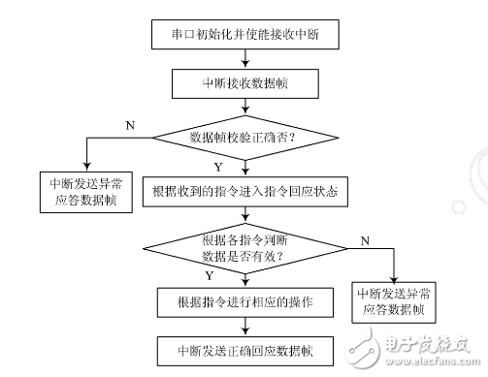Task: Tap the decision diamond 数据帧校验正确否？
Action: (243, 138)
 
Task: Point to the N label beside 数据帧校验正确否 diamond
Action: (131, 125)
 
